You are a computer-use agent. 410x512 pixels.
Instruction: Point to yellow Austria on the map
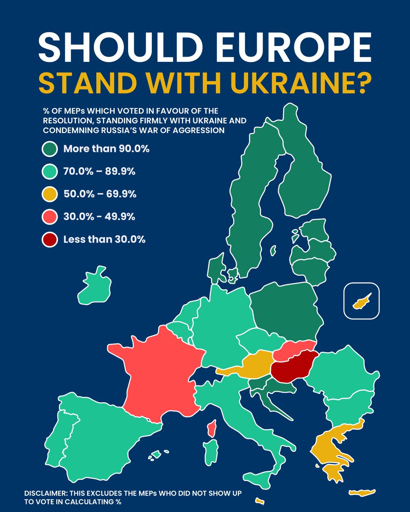252,365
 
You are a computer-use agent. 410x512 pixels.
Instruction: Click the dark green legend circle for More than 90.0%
50,149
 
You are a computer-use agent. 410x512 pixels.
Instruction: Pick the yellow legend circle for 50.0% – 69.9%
50,194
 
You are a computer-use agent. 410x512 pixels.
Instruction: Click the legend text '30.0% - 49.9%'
99,217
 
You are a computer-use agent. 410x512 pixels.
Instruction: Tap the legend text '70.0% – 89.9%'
99,172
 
